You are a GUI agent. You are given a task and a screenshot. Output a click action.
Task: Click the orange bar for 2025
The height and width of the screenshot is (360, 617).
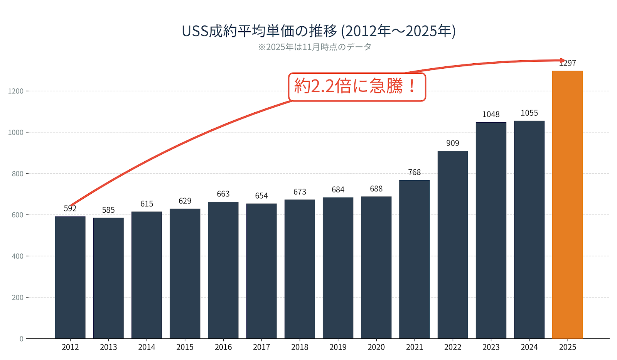click(x=567, y=205)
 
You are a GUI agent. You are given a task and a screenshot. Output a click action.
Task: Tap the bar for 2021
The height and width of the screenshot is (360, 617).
click(x=414, y=259)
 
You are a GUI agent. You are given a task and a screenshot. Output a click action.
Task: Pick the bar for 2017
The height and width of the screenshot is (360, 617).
click(x=261, y=270)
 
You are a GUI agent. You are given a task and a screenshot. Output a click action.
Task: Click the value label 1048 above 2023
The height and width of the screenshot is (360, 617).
click(x=491, y=115)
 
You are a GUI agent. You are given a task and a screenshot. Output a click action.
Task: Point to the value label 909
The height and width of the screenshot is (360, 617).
click(x=453, y=143)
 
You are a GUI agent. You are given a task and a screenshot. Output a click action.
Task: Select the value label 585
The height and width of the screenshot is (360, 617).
click(x=108, y=210)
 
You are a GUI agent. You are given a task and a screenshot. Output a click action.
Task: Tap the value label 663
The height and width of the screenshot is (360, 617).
click(x=223, y=194)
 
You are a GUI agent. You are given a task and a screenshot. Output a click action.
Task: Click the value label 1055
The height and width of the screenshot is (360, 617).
click(x=529, y=113)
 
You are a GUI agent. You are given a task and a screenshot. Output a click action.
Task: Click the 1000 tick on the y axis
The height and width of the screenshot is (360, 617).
click(x=16, y=132)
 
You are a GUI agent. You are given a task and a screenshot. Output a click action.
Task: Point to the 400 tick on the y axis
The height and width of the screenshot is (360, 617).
click(x=17, y=256)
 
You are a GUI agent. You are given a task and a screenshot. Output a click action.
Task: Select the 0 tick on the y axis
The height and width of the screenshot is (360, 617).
click(x=22, y=339)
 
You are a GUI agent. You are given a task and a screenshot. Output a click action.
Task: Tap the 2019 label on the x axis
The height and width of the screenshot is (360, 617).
click(x=338, y=347)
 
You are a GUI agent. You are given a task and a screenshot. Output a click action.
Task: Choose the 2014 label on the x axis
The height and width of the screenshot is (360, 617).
click(x=147, y=347)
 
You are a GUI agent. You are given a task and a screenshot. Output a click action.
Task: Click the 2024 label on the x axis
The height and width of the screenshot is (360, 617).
click(x=529, y=347)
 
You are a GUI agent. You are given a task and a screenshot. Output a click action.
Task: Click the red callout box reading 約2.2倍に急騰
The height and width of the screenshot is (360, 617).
click(x=357, y=87)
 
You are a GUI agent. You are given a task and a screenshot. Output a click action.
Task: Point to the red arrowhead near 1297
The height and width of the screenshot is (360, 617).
click(x=563, y=61)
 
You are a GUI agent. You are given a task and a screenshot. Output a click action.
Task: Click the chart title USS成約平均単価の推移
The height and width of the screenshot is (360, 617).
click(x=319, y=31)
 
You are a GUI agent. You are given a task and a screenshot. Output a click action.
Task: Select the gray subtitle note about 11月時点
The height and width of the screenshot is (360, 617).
click(x=315, y=47)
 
